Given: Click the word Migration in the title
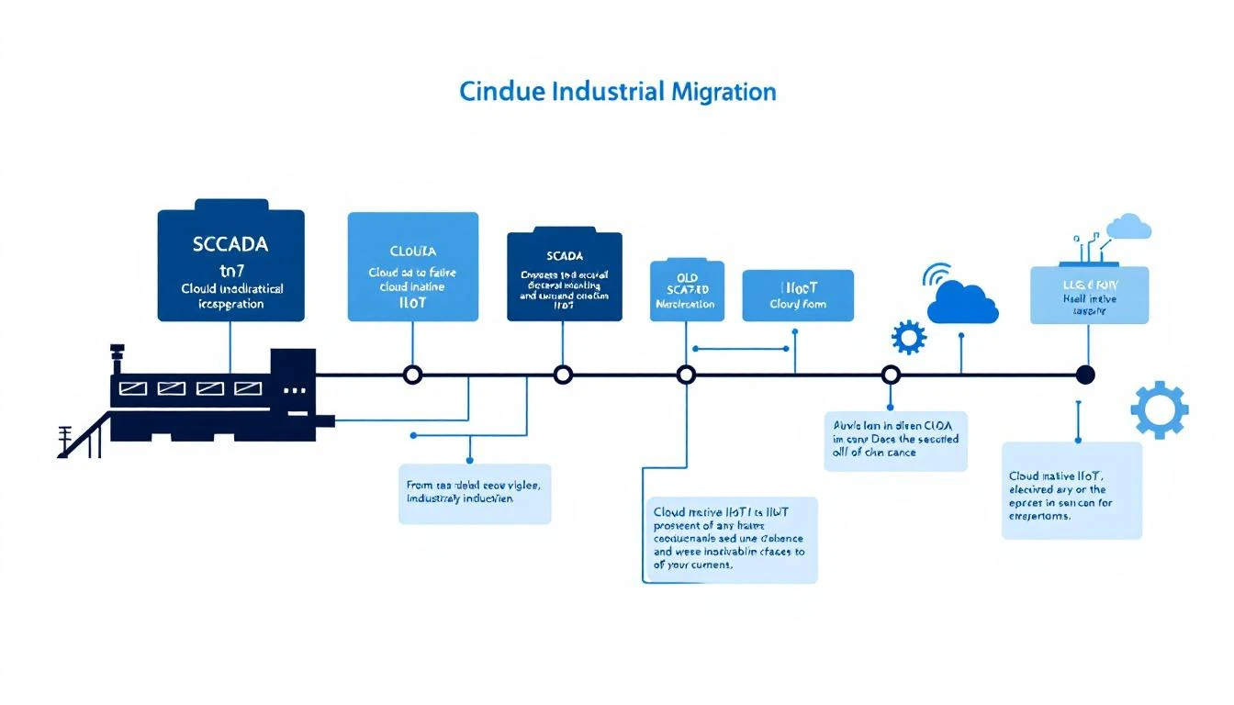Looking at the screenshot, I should [x=724, y=92].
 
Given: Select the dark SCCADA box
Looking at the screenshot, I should [x=230, y=264].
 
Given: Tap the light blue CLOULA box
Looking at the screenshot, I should [x=412, y=266].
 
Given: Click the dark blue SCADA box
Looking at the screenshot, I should [x=564, y=275].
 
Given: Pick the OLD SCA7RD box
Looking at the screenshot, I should [x=687, y=290].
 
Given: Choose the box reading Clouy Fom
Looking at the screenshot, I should [x=797, y=295].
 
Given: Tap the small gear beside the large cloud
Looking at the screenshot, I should [x=908, y=337].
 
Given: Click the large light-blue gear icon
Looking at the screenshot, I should [x=1160, y=409].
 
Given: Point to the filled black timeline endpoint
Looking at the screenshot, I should [x=1085, y=375].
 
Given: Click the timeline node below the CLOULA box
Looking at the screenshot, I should [x=412, y=375].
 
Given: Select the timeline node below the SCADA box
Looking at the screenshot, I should [x=564, y=375].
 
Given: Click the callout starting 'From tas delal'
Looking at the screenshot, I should [x=474, y=494].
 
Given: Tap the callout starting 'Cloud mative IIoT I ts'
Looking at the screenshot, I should [x=730, y=540].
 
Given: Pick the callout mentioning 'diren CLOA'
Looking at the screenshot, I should [x=895, y=441].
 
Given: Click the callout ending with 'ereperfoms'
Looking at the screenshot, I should [x=1071, y=490].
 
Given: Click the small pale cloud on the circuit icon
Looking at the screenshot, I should [x=1129, y=226].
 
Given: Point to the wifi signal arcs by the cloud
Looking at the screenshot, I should [x=936, y=274].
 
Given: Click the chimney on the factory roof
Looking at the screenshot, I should [x=117, y=358].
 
